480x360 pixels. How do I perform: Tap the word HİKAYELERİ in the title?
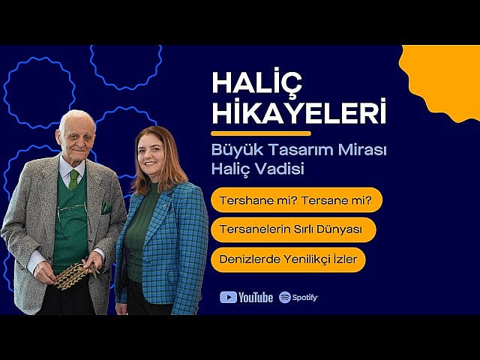[x=298, y=112]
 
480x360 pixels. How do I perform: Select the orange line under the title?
[x=250, y=133]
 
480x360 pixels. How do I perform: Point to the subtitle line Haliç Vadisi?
[x=257, y=169]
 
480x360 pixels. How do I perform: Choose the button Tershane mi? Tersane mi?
[x=296, y=200]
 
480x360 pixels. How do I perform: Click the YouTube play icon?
[x=228, y=297]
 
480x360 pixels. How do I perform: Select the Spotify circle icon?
[x=285, y=297]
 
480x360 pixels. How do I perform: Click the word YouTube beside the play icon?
[x=256, y=297]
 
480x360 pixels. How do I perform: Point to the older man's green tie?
[x=73, y=178]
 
